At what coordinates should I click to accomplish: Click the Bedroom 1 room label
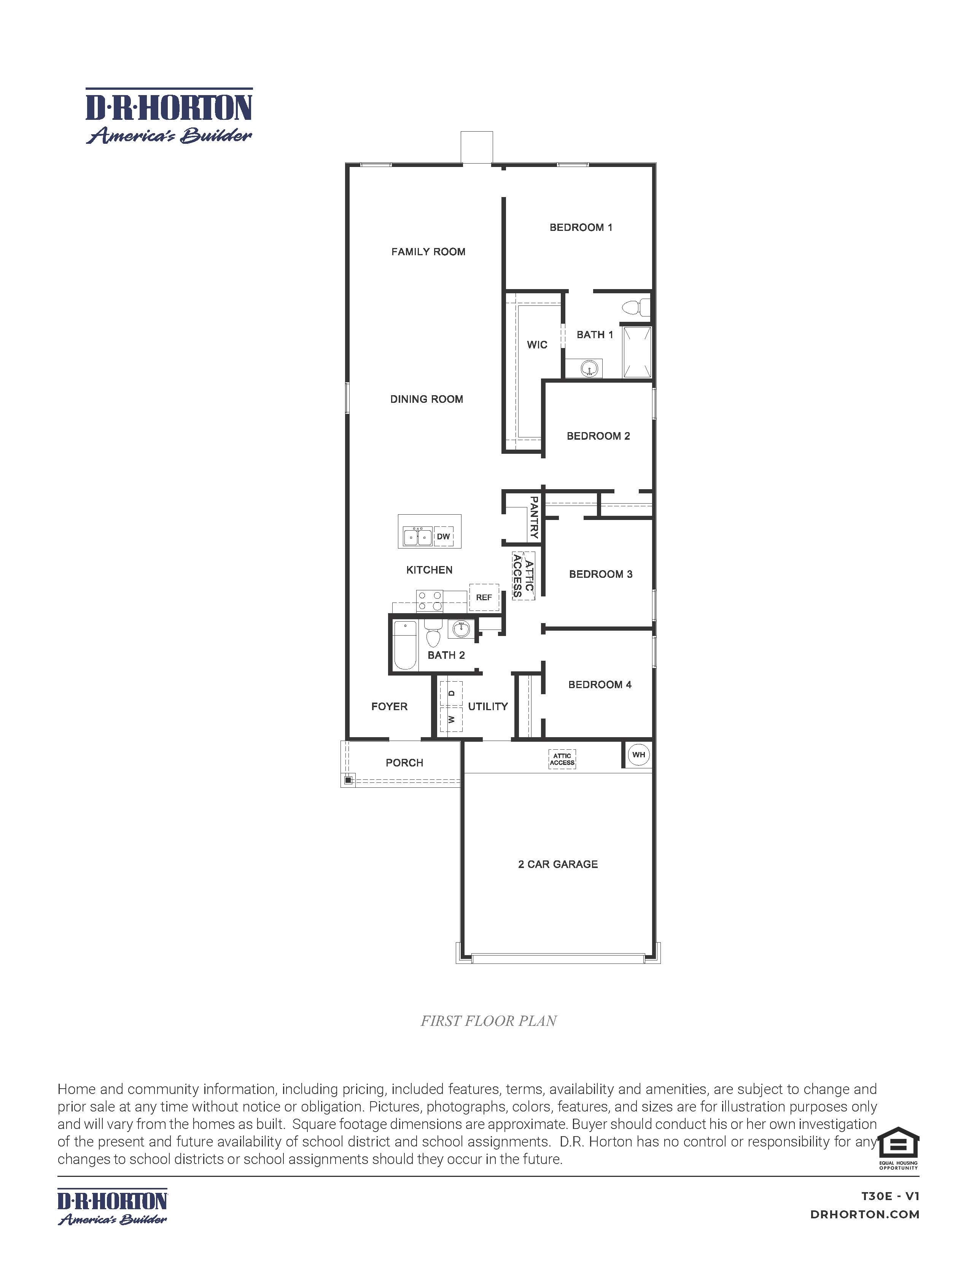581,227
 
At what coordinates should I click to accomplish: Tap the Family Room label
428,252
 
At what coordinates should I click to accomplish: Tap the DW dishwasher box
443,536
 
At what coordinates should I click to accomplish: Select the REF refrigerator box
484,597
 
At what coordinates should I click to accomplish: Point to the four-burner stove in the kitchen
430,601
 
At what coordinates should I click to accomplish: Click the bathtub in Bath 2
404,645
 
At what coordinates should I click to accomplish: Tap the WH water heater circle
638,755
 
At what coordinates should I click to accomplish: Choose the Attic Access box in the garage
562,759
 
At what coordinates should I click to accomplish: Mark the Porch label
404,763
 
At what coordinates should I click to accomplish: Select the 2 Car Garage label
558,864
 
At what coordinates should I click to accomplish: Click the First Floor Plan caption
488,1021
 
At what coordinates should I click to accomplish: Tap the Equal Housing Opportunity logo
898,1148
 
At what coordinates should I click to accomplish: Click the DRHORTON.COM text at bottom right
865,1214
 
